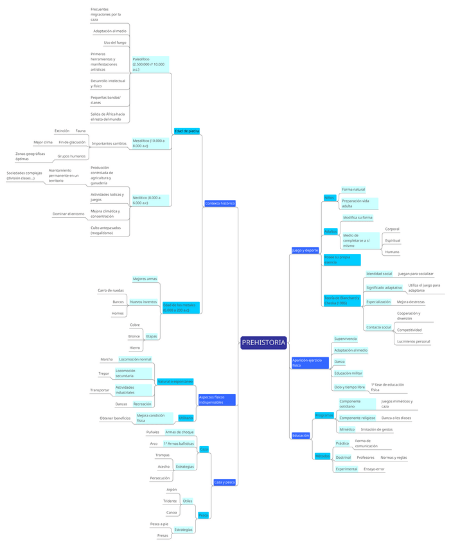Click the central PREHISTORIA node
click(x=263, y=343)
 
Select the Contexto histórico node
click(x=220, y=203)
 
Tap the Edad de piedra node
click(x=186, y=131)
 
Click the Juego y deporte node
click(x=305, y=250)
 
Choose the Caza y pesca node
click(x=224, y=482)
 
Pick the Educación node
click(x=301, y=436)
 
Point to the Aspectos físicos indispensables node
click(x=217, y=400)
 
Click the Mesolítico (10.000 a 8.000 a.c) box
click(x=150, y=143)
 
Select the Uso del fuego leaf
click(x=115, y=42)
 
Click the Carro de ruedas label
click(x=111, y=290)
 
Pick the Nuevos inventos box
click(x=143, y=301)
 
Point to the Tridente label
click(x=170, y=501)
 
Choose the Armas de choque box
click(x=179, y=432)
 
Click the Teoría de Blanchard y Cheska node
click(x=342, y=300)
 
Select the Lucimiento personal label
click(x=413, y=341)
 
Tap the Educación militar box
click(x=348, y=373)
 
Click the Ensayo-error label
click(x=374, y=469)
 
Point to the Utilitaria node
click(x=186, y=418)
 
